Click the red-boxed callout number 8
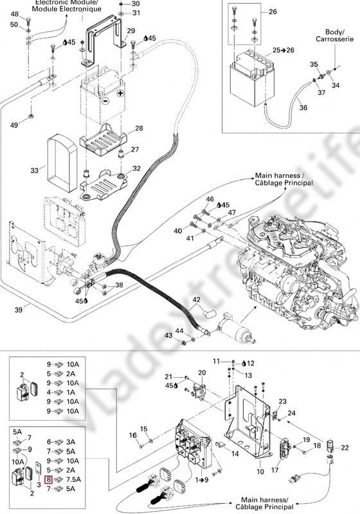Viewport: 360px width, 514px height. coord(48,479)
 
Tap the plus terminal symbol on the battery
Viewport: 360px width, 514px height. coord(121,93)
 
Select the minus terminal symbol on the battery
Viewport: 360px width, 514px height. coord(105,101)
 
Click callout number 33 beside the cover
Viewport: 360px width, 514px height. coord(35,170)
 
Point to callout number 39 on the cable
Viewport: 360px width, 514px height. coord(19,309)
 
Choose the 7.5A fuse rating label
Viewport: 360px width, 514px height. coord(73,479)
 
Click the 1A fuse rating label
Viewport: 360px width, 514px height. coord(71,393)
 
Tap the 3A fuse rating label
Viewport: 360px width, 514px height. coord(71,442)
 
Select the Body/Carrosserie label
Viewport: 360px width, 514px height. coord(335,35)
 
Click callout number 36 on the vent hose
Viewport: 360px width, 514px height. coord(303,107)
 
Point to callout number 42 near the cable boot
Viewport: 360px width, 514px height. coord(196,299)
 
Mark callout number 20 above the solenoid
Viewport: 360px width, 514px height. coord(202,373)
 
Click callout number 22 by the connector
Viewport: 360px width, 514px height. coord(345,447)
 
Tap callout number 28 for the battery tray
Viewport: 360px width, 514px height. coord(139,128)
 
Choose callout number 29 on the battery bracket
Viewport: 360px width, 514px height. coord(130,31)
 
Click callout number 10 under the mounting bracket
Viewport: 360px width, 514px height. coord(260,472)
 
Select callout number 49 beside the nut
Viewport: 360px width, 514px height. coord(14,125)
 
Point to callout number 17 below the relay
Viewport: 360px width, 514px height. coord(274,470)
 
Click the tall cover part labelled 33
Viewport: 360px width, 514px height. coord(62,163)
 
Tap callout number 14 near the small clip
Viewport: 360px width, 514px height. coord(235,454)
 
